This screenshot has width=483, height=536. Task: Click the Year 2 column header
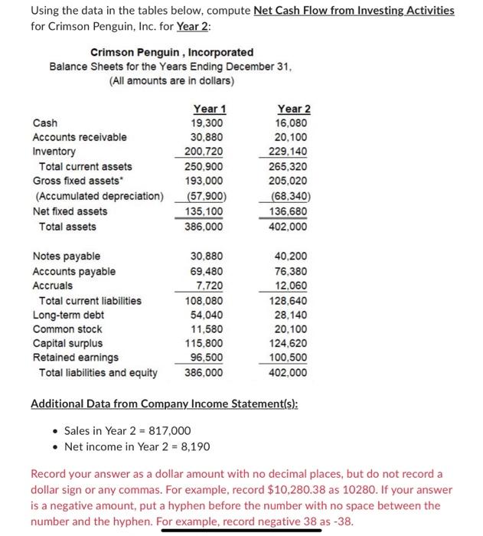[x=294, y=109]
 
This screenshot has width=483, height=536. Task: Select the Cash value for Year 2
[x=294, y=123]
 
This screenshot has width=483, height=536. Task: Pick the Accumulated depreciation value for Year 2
[x=293, y=197]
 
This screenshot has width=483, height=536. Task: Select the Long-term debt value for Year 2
[x=294, y=315]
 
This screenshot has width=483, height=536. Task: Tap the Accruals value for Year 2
[x=294, y=286]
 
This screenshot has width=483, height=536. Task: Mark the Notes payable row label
[x=66, y=257]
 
